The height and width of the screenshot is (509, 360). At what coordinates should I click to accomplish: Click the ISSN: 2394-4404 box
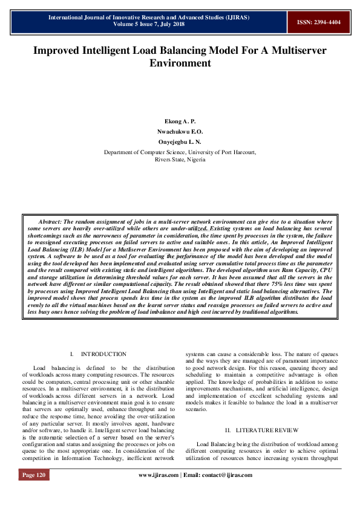click(x=318, y=22)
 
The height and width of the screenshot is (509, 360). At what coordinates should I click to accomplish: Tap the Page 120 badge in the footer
click(x=34, y=493)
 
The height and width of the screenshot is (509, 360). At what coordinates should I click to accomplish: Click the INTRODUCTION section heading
click(x=103, y=354)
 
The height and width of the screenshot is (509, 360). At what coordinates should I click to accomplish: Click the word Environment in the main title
click(x=180, y=63)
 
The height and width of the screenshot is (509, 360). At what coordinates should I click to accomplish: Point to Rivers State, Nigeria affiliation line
click(x=180, y=160)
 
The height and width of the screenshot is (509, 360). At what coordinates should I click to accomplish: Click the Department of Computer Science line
click(x=180, y=153)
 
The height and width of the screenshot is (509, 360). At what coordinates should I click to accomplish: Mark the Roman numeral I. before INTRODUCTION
click(x=71, y=354)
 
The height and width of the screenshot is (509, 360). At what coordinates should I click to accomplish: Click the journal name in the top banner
click(x=149, y=18)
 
